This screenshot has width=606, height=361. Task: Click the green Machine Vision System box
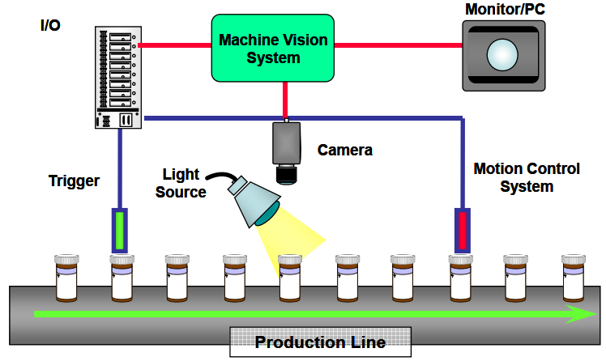(x=273, y=47)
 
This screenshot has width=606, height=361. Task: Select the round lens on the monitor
(x=501, y=56)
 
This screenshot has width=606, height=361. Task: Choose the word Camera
(x=345, y=150)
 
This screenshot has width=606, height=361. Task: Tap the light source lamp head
(x=254, y=198)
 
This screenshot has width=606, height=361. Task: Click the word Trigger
(x=75, y=181)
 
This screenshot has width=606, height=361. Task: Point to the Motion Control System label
(x=527, y=178)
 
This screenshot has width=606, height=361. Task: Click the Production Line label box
(x=320, y=342)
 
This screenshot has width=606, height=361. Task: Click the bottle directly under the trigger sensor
(x=122, y=278)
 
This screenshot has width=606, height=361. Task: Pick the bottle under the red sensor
(x=460, y=278)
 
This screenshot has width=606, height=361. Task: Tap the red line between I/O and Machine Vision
(x=175, y=45)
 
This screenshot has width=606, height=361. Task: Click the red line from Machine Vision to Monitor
(x=397, y=45)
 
